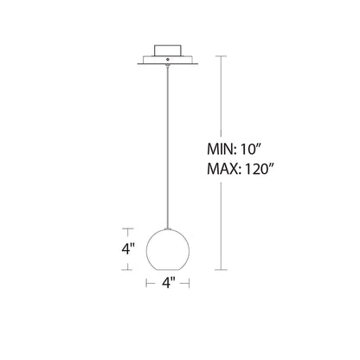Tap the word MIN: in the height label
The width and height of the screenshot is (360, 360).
point(222,150)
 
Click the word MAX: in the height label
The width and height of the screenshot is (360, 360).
point(224,169)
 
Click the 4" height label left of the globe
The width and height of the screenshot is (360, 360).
point(128,249)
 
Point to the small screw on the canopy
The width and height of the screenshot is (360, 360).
point(168,59)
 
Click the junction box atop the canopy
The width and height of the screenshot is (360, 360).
point(168,50)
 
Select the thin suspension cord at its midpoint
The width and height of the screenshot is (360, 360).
point(168,147)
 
